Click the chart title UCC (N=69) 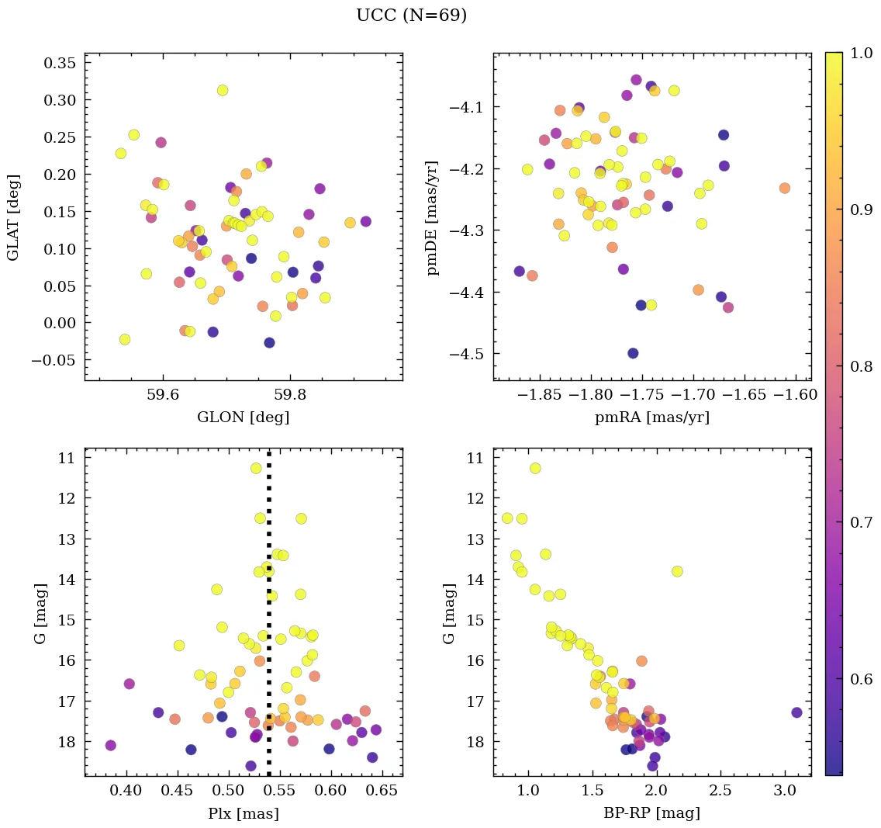click(x=411, y=16)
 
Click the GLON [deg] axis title click(x=243, y=417)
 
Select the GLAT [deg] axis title click(x=13, y=217)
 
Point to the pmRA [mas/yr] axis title click(x=652, y=417)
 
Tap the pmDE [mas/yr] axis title click(x=433, y=217)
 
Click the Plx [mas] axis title click(x=243, y=813)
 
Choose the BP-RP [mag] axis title click(x=652, y=813)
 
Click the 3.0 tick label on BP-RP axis click(x=786, y=791)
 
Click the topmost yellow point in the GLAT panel click(x=223, y=90)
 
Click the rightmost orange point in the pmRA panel click(x=785, y=188)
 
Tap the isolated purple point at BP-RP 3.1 click(x=796, y=712)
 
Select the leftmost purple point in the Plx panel click(x=110, y=745)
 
